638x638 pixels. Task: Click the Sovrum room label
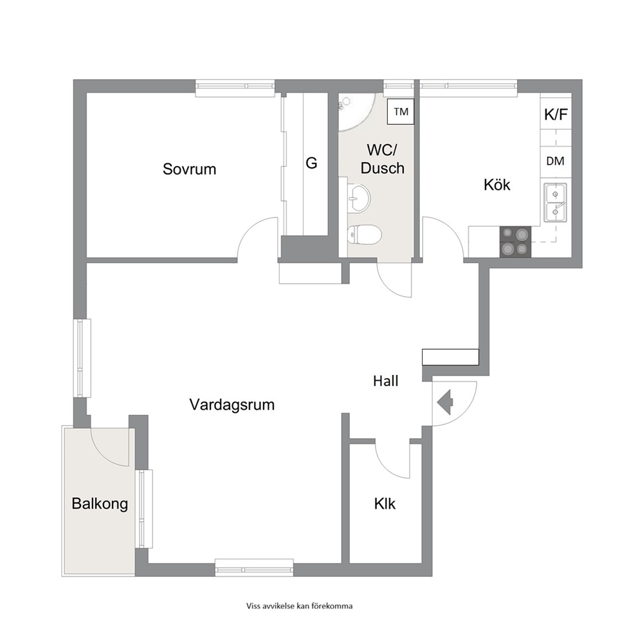189,169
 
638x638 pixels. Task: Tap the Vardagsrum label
232,405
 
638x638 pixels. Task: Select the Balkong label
100,504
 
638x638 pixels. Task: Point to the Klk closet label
385,504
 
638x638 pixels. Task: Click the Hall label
386,381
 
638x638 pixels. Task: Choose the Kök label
497,185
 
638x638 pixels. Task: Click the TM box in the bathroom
401,111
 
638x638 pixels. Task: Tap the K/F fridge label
556,114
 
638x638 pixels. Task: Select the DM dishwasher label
556,161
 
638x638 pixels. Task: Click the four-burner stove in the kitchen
515,241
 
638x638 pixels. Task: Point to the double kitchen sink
555,203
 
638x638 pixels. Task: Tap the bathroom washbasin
359,197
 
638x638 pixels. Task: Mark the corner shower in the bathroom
356,113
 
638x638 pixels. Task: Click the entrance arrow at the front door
445,403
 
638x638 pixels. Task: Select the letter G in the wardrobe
311,163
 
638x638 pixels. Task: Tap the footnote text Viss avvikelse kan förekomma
299,606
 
